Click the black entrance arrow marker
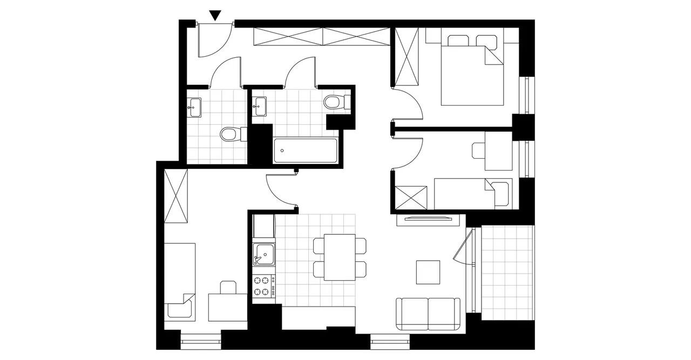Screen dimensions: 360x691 [x=215, y=16]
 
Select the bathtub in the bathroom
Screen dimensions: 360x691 [x=306, y=151]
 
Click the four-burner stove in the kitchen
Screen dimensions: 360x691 [x=263, y=286]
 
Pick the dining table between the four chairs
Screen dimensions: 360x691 [x=340, y=257]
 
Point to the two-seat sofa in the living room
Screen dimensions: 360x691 [x=429, y=314]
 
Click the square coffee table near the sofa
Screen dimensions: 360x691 [x=428, y=272]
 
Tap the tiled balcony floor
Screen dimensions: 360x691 [x=507, y=273]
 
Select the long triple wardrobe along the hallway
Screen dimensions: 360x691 [x=321, y=36]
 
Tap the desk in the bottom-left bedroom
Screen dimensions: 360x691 [x=228, y=307]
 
